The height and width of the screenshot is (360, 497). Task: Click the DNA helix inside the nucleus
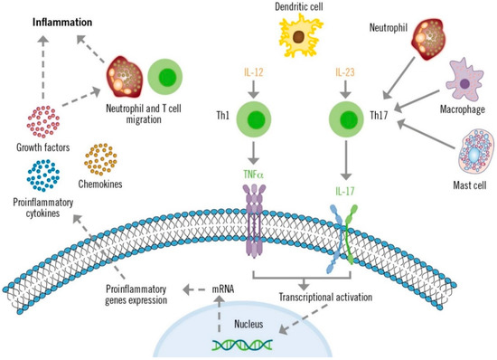(x=244, y=344)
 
